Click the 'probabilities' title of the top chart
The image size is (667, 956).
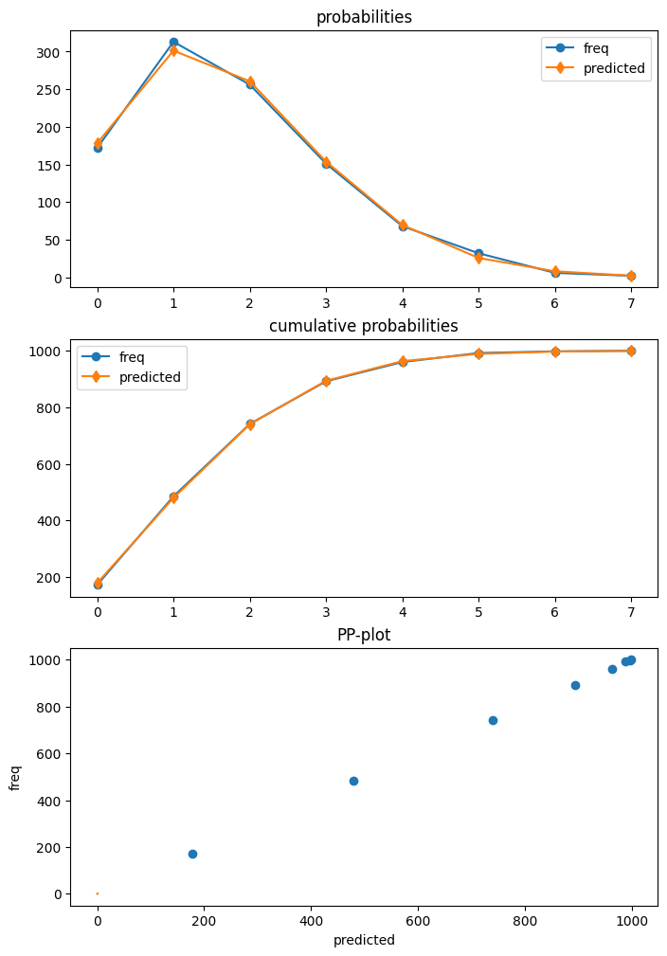click(x=364, y=17)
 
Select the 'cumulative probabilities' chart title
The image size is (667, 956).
click(x=364, y=326)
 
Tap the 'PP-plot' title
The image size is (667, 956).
click(x=364, y=635)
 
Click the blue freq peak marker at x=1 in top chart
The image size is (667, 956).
click(x=173, y=43)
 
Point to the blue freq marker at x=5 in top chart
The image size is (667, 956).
click(x=478, y=254)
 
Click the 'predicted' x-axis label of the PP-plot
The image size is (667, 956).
click(x=364, y=940)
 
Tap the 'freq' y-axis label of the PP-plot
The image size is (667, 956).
click(x=15, y=778)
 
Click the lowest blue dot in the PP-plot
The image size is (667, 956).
click(x=192, y=854)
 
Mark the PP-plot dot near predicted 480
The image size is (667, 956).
click(x=353, y=781)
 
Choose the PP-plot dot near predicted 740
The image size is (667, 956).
click(x=493, y=720)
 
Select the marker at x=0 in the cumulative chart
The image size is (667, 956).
click(x=98, y=584)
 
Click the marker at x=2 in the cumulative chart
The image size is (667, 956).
click(x=250, y=424)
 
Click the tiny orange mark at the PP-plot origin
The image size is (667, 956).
click(x=98, y=893)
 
